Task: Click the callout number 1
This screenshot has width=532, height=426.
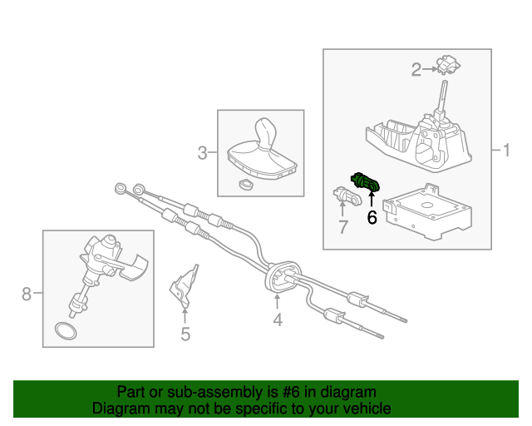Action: [x=505, y=151]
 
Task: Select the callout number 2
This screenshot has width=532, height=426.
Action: [x=416, y=70]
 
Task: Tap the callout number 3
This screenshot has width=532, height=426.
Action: [x=202, y=152]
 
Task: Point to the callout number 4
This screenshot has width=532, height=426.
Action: [x=278, y=319]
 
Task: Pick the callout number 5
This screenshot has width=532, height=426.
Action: [x=185, y=334]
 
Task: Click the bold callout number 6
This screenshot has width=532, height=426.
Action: [x=372, y=218]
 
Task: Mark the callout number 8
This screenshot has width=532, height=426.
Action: [x=26, y=293]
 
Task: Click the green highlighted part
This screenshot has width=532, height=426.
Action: [x=367, y=181]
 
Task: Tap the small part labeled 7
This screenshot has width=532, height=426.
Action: [x=344, y=196]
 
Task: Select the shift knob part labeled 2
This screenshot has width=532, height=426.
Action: [x=450, y=65]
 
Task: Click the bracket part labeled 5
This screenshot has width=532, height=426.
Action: [x=186, y=285]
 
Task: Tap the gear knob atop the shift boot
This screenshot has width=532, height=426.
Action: [x=266, y=131]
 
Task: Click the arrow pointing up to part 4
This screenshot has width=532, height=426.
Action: [x=278, y=300]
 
